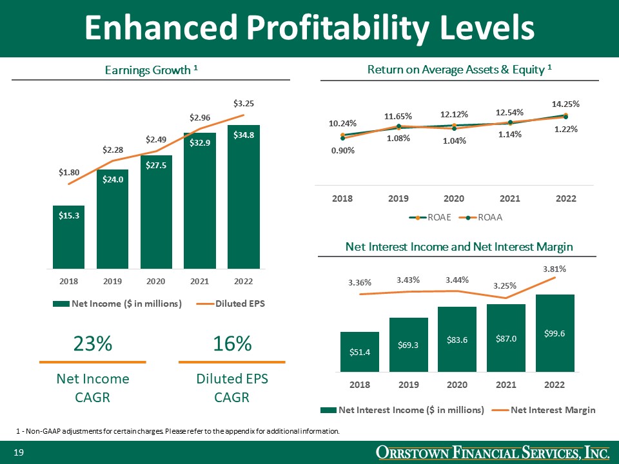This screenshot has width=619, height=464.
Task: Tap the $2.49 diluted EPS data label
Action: [155, 139]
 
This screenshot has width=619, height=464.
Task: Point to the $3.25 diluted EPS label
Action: [244, 103]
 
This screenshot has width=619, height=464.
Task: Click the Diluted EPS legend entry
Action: [235, 304]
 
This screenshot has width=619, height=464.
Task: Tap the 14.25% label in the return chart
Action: [565, 103]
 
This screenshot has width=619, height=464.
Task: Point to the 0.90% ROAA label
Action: [342, 150]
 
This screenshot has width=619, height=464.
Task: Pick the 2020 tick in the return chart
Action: [454, 199]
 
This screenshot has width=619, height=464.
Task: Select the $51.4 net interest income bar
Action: [360, 352]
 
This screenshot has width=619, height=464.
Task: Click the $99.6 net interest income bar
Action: [555, 333]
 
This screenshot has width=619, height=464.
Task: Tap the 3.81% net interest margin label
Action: [555, 268]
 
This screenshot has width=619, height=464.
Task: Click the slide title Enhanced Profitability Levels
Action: [309, 28]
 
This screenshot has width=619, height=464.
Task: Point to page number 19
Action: [19, 454]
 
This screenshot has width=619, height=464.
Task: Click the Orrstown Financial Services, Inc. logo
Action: [493, 454]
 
